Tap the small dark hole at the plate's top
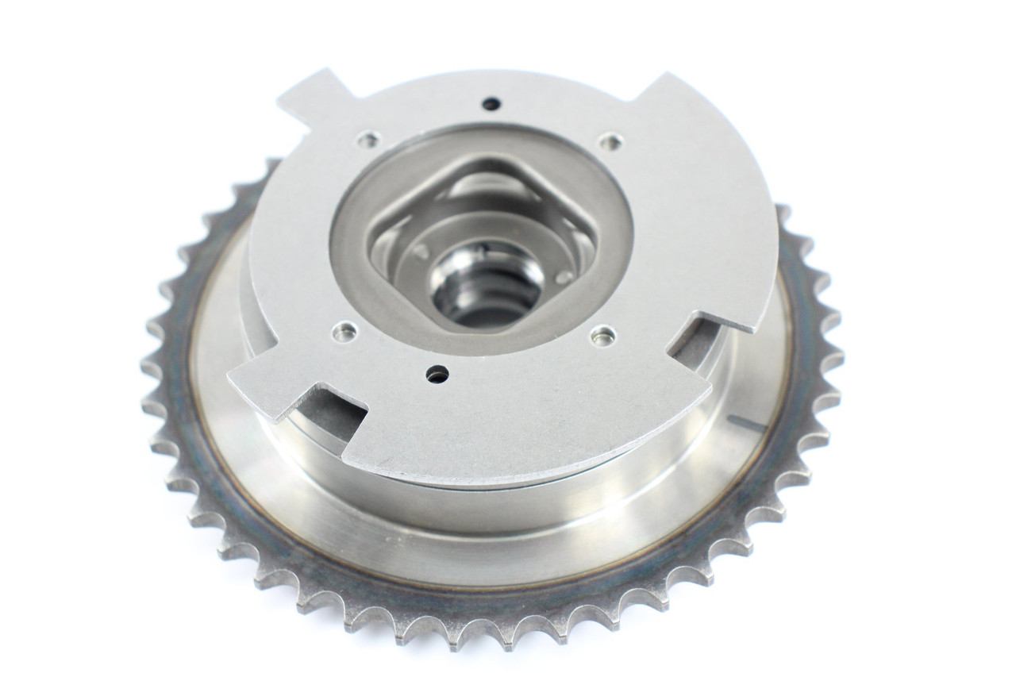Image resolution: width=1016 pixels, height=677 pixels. (x=491, y=103)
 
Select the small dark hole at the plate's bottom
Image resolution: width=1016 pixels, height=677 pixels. (x=436, y=372)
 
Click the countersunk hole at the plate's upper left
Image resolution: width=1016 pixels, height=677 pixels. (x=367, y=140)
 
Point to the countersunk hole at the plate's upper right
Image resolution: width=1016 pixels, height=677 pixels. (x=609, y=142)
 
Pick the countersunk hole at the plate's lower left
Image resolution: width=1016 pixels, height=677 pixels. (x=343, y=330)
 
